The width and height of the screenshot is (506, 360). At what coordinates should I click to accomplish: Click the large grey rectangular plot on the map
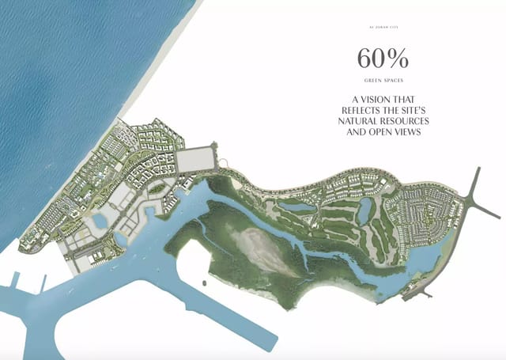(195, 160)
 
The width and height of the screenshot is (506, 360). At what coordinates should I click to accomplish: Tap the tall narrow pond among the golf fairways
(365, 210)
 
